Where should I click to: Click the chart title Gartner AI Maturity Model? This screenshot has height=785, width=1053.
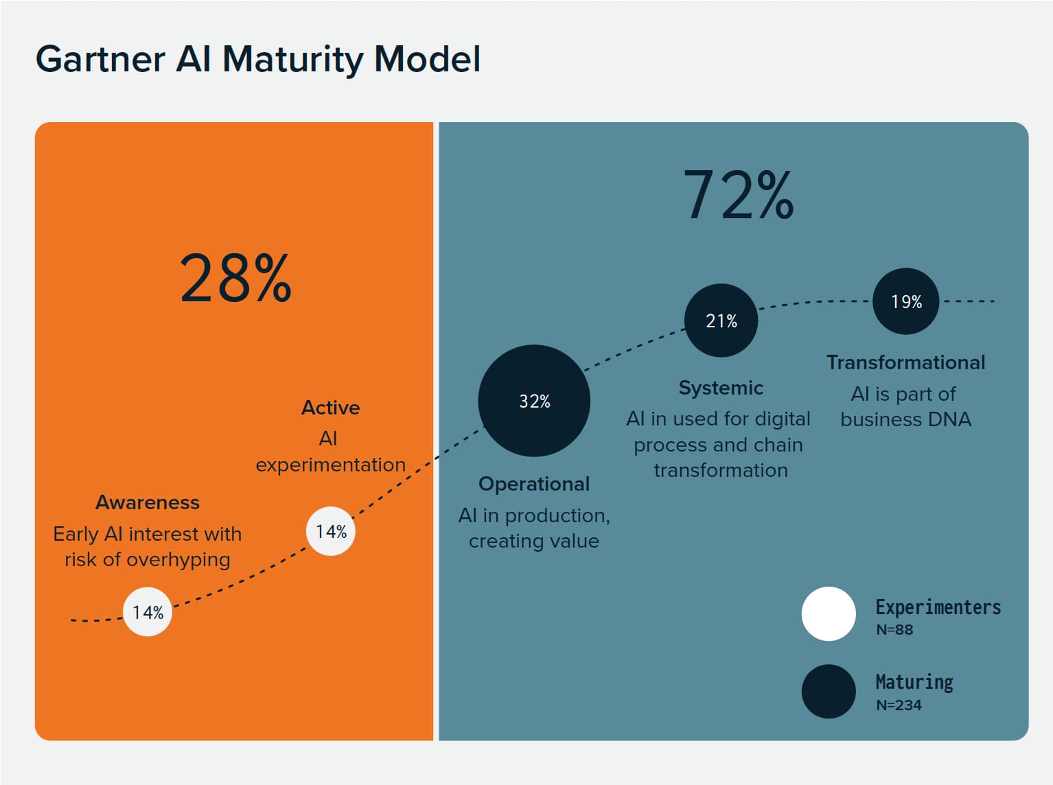point(258,59)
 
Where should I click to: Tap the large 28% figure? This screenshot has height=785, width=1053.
point(235,278)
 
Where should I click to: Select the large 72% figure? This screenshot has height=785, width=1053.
point(738,196)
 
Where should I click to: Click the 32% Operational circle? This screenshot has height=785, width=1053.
point(534,401)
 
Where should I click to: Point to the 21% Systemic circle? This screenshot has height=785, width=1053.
point(721,320)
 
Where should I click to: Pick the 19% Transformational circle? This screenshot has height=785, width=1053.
point(905,301)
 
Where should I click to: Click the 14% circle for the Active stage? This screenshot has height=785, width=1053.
point(331,531)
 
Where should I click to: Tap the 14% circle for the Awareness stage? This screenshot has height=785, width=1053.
point(148,612)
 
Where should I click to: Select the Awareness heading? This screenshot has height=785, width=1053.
point(148,502)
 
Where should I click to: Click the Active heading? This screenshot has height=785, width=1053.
point(331,408)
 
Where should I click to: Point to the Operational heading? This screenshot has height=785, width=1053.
point(534,484)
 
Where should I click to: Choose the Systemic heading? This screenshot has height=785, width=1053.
point(721,388)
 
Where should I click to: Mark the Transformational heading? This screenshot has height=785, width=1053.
point(905,362)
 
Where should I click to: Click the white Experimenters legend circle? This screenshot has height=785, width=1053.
point(829,613)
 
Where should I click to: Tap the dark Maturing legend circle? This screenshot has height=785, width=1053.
point(829,691)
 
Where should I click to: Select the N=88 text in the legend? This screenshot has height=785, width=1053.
point(894,630)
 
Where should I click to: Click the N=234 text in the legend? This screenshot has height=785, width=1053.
point(899,705)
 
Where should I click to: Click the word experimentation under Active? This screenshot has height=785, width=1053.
point(331,465)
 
